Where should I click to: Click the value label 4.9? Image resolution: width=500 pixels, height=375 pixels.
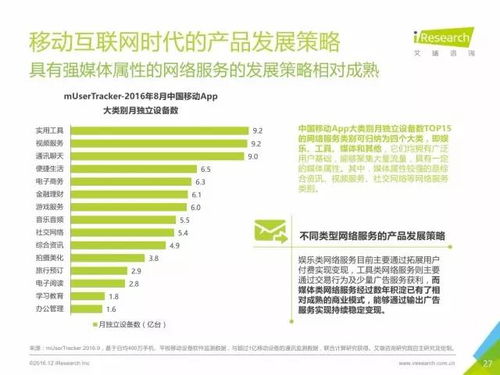click(174, 245)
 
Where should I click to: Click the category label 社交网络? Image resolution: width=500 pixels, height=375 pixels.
click(46, 231)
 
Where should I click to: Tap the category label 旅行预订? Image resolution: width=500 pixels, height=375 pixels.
click(46, 271)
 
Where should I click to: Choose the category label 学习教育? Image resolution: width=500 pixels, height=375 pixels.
click(46, 296)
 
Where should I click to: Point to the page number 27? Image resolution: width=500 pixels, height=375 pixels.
click(486, 362)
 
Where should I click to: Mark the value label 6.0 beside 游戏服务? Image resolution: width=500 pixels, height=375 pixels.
click(196, 206)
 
